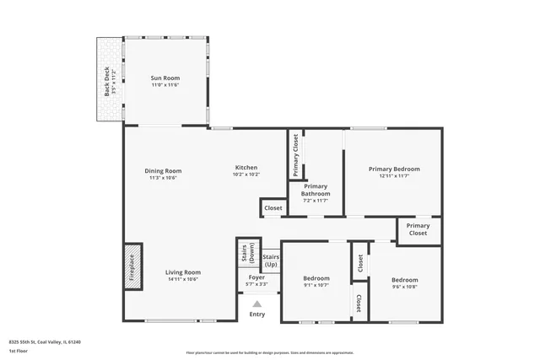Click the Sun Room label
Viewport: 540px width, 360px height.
[165, 78]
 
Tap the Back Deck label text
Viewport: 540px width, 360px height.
[107, 81]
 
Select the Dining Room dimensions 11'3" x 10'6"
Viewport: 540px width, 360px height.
[162, 178]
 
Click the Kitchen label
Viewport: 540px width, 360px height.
[246, 168]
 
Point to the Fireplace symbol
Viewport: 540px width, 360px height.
[132, 267]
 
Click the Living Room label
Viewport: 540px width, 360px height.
[182, 272]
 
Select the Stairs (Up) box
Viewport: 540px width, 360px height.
[271, 260]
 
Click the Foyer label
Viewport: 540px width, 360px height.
[256, 277]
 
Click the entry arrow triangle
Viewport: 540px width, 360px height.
[257, 304]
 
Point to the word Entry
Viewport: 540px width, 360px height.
[257, 314]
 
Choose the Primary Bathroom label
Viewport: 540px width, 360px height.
[316, 190]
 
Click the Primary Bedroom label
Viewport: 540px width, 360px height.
[393, 169]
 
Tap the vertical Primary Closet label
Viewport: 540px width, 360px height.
[296, 155]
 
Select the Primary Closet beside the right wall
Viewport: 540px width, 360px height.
[418, 229]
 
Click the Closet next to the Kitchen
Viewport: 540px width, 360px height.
[273, 207]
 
